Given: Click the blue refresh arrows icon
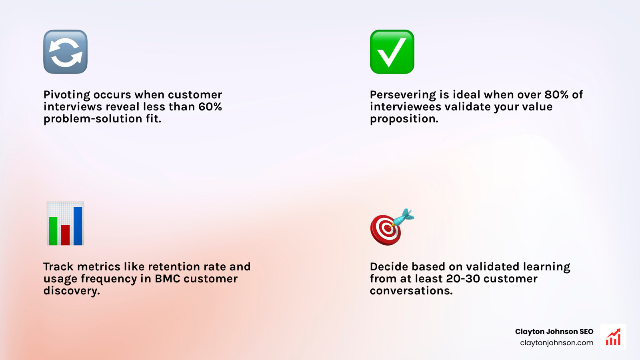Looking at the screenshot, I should [65, 52].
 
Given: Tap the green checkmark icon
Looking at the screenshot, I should [392, 52].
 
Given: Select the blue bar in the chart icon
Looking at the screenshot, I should [78, 226].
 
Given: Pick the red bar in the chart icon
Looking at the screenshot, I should [66, 235].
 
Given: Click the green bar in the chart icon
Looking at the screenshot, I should [53, 231].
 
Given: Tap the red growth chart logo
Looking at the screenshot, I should [613, 337].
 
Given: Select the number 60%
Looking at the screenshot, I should [210, 107].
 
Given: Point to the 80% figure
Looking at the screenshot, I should [556, 95].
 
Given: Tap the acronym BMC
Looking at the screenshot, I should [167, 279].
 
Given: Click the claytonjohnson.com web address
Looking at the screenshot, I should [556, 343].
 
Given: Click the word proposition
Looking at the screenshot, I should [404, 119].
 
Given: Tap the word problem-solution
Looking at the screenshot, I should [93, 119].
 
